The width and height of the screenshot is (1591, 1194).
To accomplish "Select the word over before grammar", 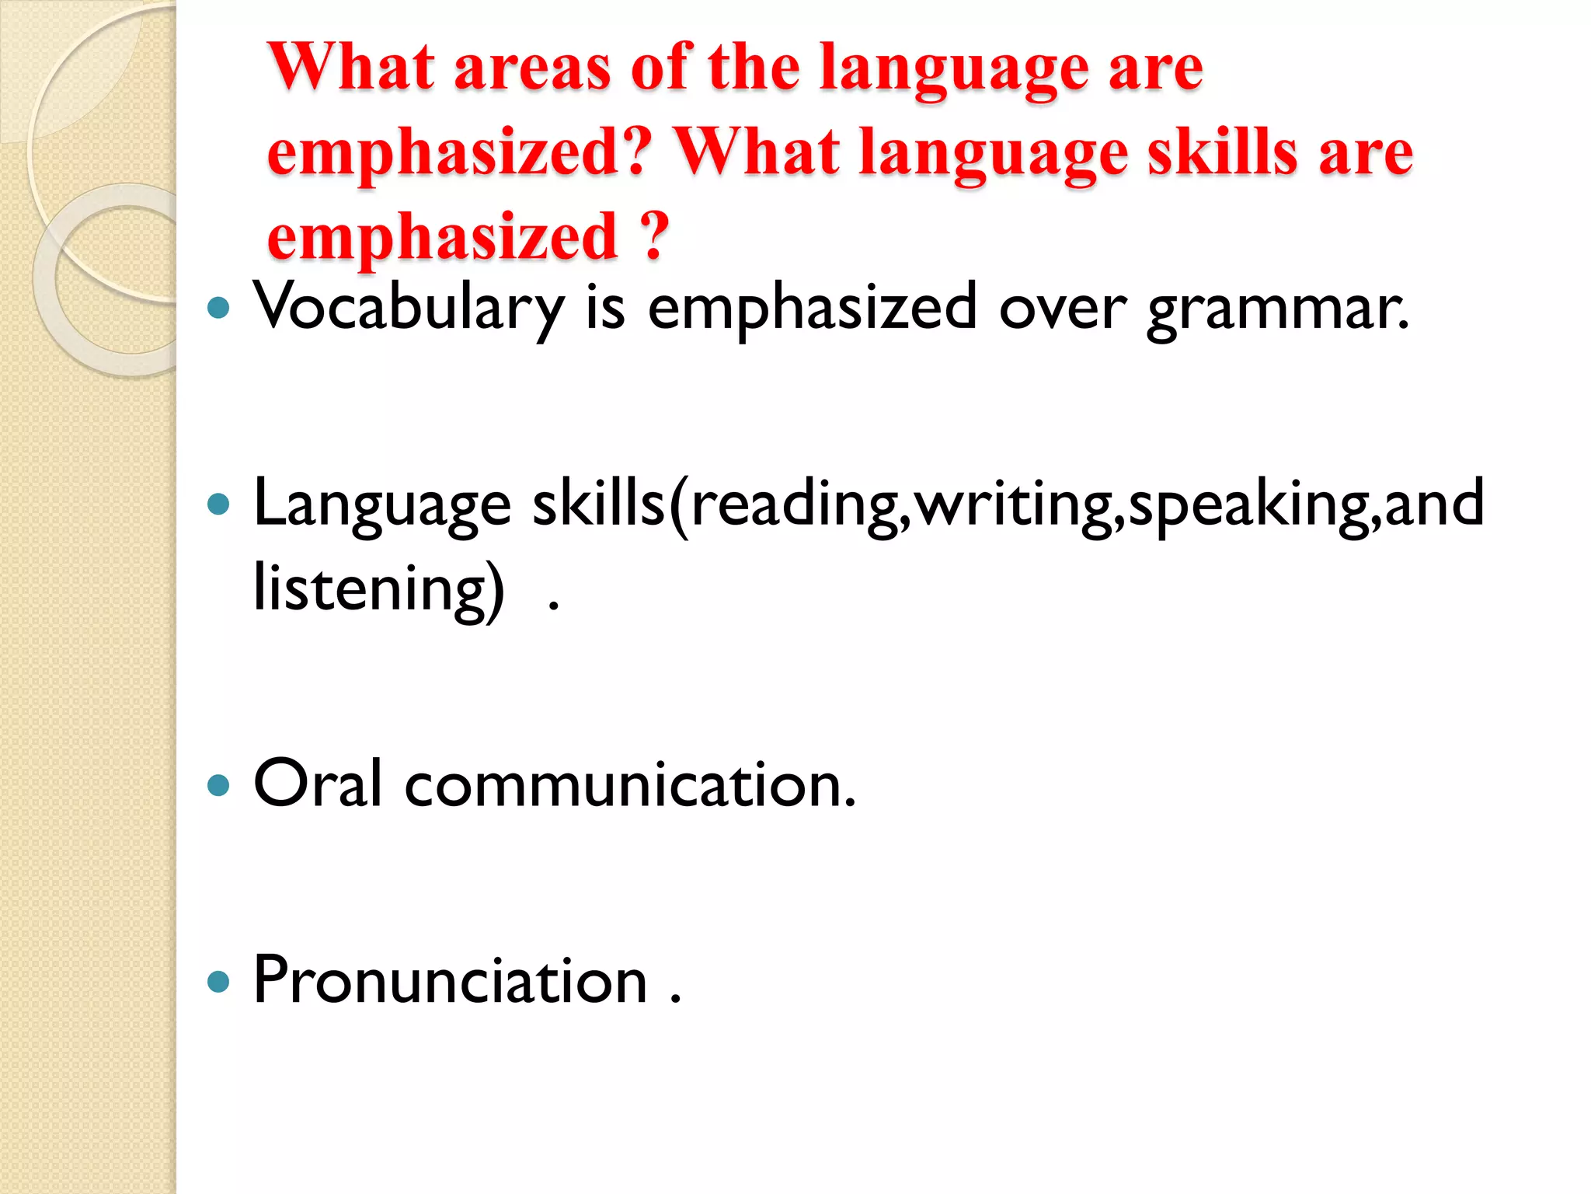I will [1062, 309].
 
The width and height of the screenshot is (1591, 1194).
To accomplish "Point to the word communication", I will [629, 785].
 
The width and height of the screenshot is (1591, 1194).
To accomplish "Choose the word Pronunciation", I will [451, 981].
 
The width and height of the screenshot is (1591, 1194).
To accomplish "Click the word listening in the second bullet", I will [379, 588].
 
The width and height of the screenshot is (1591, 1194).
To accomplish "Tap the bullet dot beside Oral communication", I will [219, 785].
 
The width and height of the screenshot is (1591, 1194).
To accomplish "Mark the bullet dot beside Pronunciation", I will [219, 982].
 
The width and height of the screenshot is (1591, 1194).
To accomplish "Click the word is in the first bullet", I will [605, 308].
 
